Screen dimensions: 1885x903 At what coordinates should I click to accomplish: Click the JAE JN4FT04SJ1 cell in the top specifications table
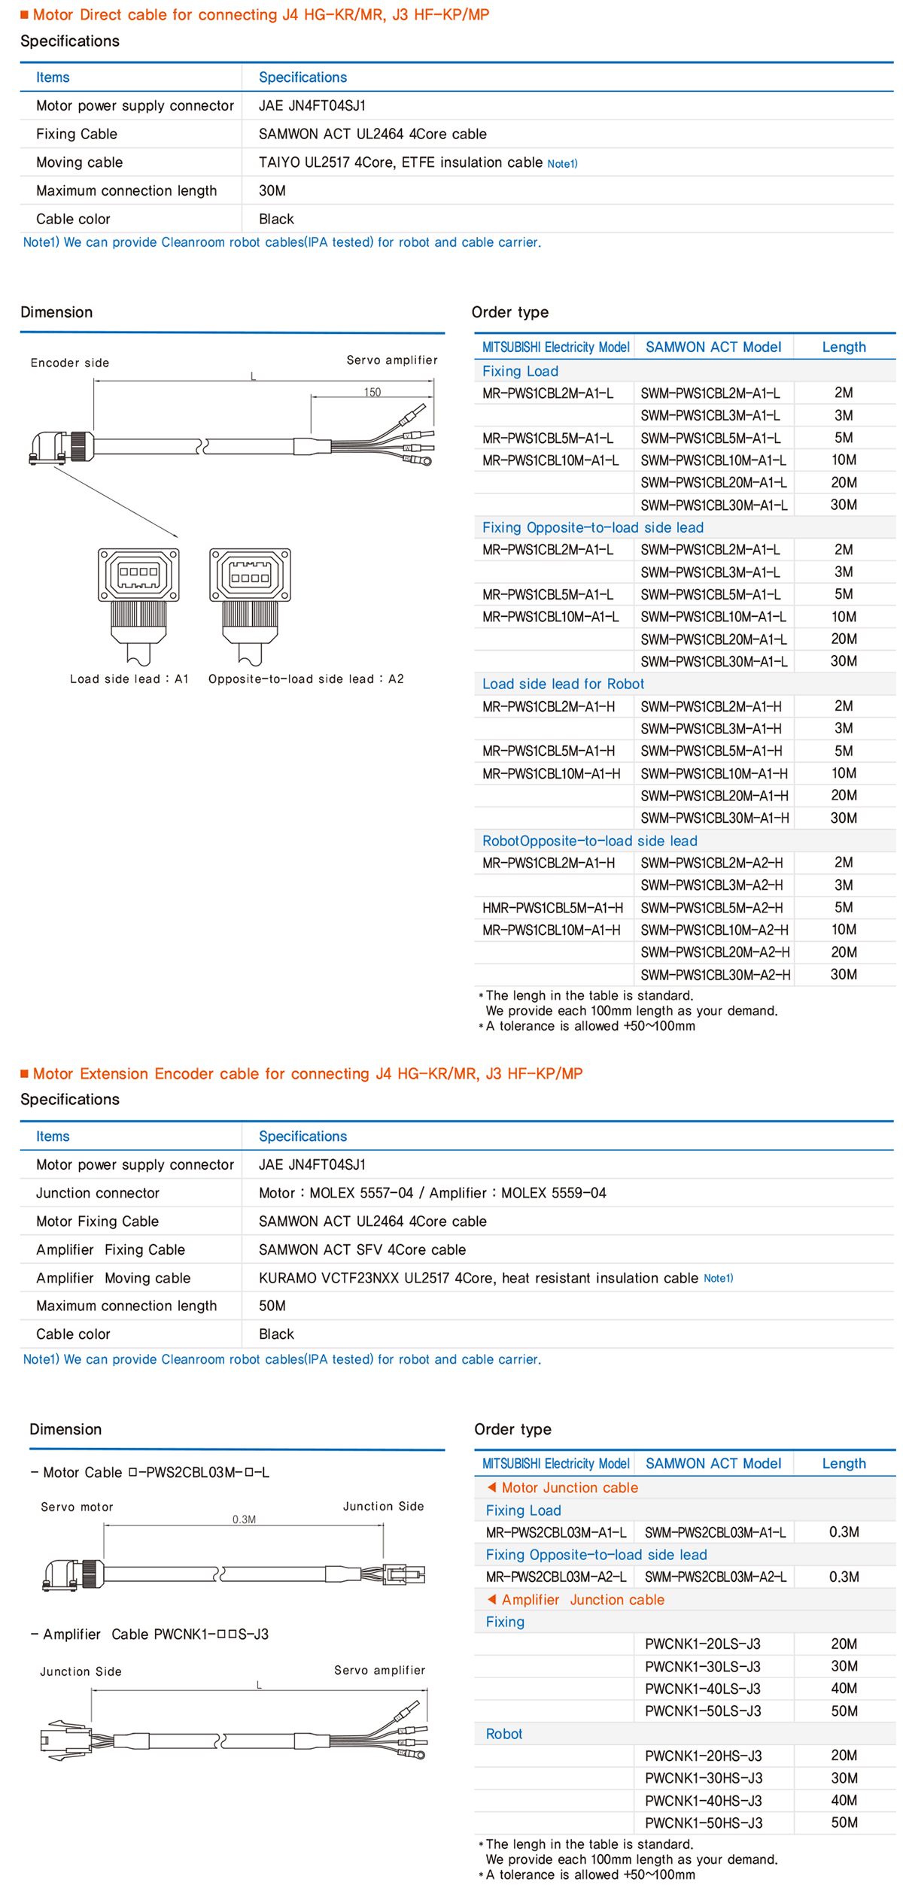click(312, 106)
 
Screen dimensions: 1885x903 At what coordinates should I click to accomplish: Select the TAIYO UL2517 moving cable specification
click(400, 162)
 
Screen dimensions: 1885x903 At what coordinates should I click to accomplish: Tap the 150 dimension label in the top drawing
click(372, 392)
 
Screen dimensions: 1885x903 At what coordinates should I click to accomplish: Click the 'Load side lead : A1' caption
click(129, 678)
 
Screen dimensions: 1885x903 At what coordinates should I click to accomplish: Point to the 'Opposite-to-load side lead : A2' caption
click(306, 678)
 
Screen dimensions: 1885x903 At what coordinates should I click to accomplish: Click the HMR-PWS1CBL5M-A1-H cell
click(552, 908)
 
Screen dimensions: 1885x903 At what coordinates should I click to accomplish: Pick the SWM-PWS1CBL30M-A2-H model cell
click(715, 975)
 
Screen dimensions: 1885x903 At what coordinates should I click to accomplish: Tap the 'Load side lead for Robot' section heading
click(563, 684)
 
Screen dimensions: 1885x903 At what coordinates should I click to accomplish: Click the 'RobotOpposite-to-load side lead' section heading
click(589, 841)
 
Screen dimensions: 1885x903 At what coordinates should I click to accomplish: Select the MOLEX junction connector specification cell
click(432, 1193)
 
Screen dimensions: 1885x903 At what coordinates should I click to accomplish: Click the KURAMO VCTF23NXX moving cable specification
click(478, 1278)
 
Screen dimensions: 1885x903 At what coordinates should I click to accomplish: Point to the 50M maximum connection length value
click(272, 1306)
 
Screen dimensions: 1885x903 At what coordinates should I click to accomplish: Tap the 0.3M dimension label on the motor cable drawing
click(244, 1519)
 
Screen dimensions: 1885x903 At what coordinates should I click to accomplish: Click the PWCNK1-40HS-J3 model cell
click(703, 1801)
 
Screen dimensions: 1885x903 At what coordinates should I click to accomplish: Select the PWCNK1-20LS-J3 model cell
click(702, 1644)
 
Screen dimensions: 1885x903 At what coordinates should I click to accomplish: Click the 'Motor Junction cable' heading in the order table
click(569, 1488)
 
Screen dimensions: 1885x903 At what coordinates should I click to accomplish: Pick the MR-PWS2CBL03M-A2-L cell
click(555, 1577)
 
